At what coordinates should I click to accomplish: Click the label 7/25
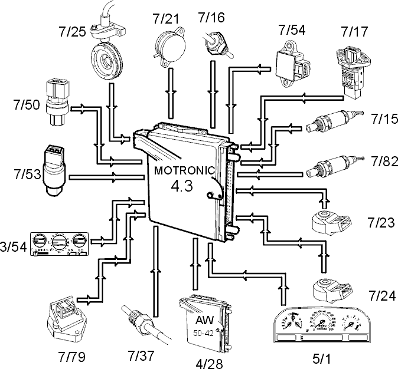point(73,32)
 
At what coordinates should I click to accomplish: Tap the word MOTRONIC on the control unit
point(184,170)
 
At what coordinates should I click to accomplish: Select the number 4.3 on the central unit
point(182,186)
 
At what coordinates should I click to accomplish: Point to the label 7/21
point(166,19)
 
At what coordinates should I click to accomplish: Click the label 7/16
point(211,18)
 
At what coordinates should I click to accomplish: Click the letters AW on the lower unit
point(204,320)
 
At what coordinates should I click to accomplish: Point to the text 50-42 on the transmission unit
point(203,333)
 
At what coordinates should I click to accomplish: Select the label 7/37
point(141,355)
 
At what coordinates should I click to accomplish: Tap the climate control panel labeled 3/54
point(60,244)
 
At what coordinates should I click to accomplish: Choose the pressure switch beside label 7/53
point(54,171)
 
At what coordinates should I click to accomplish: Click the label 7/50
point(27,105)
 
